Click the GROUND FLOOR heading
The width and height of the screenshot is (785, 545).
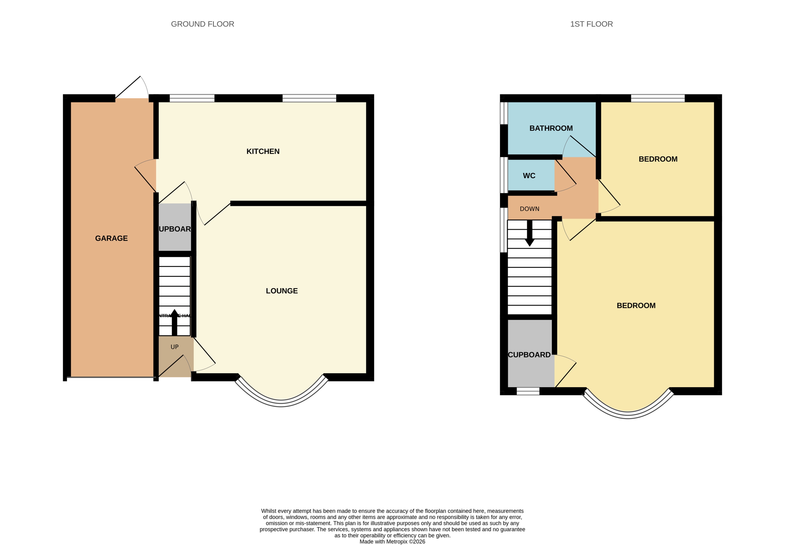click(x=202, y=24)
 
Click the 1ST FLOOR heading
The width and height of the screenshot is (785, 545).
click(x=591, y=24)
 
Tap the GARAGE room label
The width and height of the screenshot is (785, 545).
click(x=111, y=238)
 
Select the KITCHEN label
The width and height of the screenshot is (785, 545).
click(x=263, y=151)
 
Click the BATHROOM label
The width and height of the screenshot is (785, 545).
click(x=551, y=128)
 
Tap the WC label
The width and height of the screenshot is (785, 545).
click(x=529, y=176)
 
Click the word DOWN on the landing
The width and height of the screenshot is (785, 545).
click(x=529, y=209)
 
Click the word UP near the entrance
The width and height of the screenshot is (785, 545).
click(x=174, y=347)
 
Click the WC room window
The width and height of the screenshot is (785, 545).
click(x=504, y=175)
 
